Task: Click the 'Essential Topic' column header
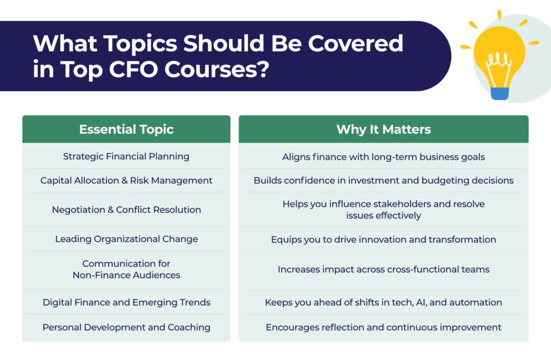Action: tap(126, 129)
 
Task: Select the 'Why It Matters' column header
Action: tap(383, 129)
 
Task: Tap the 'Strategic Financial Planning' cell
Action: tap(126, 157)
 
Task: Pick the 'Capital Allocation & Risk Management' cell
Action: tap(126, 180)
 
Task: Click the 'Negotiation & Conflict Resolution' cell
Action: tap(126, 210)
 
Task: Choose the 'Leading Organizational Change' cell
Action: tap(126, 239)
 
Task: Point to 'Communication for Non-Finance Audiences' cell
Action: tap(126, 269)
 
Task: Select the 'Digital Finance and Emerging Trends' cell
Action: tap(126, 302)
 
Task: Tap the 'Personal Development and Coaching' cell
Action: tap(126, 327)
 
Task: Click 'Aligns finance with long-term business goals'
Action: tap(383, 157)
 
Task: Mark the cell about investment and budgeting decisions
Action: tap(383, 180)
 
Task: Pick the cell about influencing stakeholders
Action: tap(383, 209)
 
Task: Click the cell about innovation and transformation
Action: tap(383, 239)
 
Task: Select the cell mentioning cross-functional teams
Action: tap(383, 269)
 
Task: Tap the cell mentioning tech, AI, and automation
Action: tap(383, 302)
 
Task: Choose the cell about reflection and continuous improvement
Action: tap(383, 327)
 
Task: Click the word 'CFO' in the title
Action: tap(133, 69)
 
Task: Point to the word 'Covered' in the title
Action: tap(355, 43)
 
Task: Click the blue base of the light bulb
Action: tap(499, 94)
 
